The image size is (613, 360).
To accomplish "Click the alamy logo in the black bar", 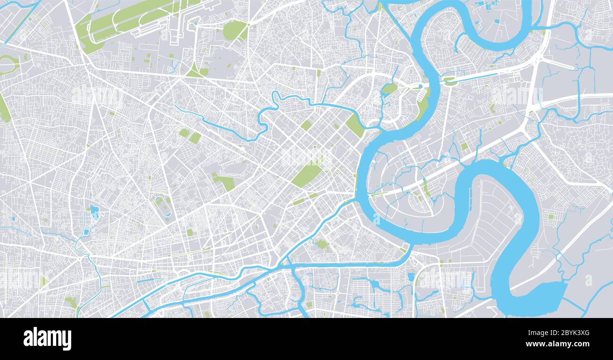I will point(47,339).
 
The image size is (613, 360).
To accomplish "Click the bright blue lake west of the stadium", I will point(94,212).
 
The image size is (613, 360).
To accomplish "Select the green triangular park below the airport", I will point(195,71).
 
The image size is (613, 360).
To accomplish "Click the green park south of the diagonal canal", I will point(322,244).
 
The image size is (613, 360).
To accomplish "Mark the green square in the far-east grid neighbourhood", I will point(550,217).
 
